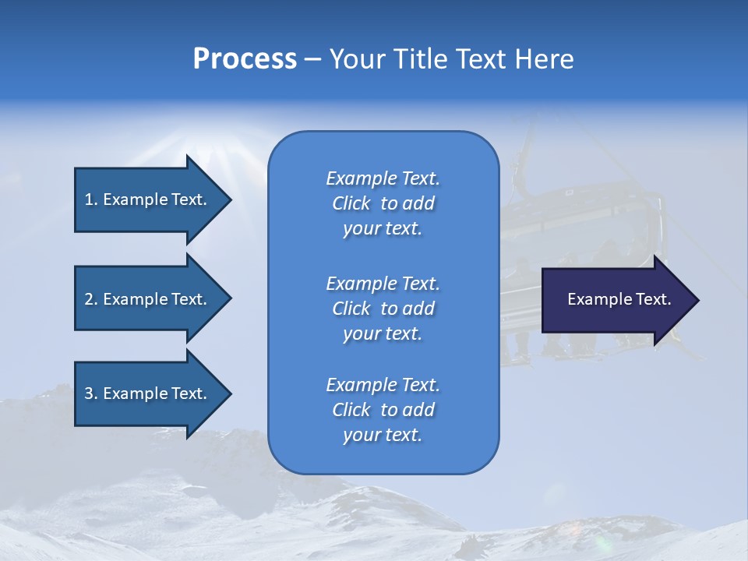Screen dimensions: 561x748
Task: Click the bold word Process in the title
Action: (x=245, y=59)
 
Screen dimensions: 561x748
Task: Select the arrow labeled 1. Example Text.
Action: (x=148, y=199)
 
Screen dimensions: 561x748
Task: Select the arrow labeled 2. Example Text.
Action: (x=148, y=299)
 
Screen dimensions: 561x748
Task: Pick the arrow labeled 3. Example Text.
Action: (x=148, y=394)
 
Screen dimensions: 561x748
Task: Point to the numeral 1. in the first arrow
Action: (x=91, y=200)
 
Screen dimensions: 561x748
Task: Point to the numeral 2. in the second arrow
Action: (x=91, y=300)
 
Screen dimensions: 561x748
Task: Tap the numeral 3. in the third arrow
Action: (x=91, y=394)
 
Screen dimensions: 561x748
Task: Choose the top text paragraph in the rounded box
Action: (x=383, y=203)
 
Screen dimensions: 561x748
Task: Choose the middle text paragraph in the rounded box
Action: (x=383, y=309)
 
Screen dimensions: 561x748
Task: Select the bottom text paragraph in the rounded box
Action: (x=383, y=410)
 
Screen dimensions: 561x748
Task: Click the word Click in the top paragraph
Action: (x=351, y=203)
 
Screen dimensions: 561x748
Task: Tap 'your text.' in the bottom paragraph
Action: (x=383, y=435)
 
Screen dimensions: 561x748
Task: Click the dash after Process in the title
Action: (x=313, y=60)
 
